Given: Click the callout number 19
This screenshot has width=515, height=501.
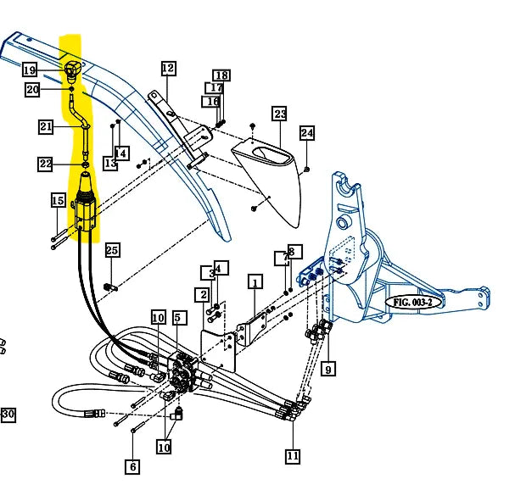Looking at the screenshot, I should (30, 70).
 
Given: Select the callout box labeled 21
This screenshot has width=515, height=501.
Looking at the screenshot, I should (46, 127).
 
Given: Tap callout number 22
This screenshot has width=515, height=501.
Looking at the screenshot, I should (45, 164).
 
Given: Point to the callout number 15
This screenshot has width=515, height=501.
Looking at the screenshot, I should (57, 201).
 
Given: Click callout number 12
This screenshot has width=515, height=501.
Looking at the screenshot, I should (167, 68).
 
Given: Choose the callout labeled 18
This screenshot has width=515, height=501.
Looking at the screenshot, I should (221, 75).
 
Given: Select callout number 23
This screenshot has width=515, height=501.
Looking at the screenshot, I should (280, 114).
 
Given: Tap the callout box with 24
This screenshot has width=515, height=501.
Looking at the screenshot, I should (306, 133).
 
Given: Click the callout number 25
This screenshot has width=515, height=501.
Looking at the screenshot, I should (113, 250).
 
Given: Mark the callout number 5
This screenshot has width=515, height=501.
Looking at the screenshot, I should (178, 318).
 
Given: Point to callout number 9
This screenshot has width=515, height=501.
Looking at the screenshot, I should (328, 368).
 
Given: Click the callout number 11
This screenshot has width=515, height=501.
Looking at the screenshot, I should (293, 456).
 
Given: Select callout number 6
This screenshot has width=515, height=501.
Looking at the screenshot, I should (132, 465).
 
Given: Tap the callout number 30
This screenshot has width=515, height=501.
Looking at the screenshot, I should (8, 415).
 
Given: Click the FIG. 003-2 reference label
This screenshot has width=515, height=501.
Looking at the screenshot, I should (413, 302).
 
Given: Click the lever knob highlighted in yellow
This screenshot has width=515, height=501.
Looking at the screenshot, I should (71, 67).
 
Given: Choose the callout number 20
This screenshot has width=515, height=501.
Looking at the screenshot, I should (32, 89).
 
